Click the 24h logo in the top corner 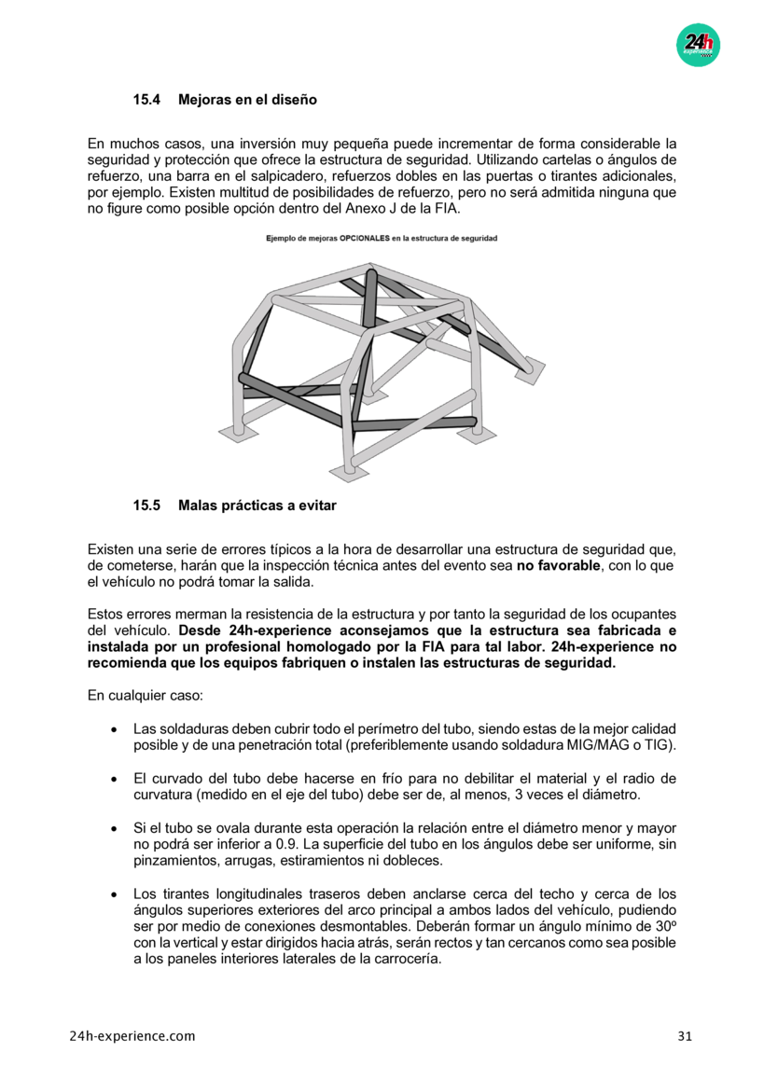click(698, 44)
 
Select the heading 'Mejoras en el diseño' click(247, 98)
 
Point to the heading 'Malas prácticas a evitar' click(257, 505)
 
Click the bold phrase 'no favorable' click(559, 565)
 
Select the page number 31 click(685, 1036)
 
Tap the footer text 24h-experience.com click(132, 1036)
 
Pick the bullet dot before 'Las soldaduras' click(113, 729)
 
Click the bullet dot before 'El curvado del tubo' click(113, 779)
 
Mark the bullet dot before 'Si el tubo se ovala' click(113, 829)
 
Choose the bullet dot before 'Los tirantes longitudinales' click(113, 894)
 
